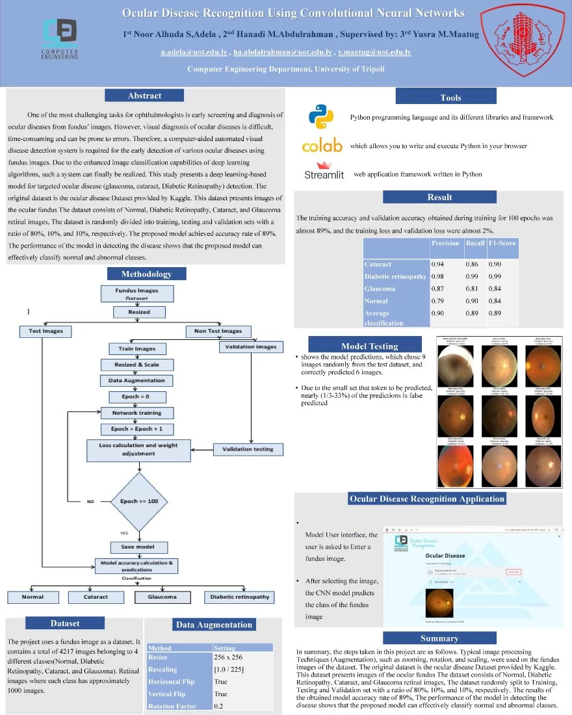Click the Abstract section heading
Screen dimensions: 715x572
point(144,96)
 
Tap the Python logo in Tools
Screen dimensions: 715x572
point(321,118)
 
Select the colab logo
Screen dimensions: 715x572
point(322,146)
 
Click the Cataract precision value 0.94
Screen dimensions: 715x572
point(439,265)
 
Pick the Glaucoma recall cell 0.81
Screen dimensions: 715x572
point(473,289)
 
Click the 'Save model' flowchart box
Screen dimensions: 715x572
point(135,547)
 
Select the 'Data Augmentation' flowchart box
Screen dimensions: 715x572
point(136,380)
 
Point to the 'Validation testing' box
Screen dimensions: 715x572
point(248,449)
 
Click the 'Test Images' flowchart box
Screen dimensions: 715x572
point(46,331)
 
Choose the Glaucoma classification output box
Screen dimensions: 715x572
point(162,597)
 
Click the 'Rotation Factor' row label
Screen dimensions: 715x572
point(172,707)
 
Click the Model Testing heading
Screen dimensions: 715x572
point(369,346)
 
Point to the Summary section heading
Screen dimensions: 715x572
point(430,638)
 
